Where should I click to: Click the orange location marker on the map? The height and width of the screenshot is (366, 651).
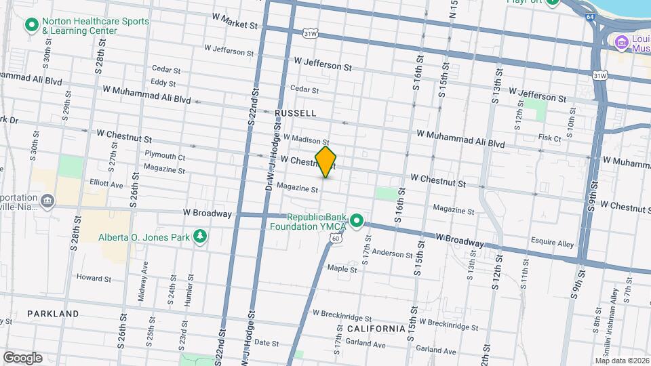click(325, 162)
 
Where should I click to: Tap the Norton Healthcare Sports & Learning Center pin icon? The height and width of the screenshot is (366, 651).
click(31, 26)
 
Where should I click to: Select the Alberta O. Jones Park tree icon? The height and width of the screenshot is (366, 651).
click(200, 236)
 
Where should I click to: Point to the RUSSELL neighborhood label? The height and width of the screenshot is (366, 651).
click(296, 113)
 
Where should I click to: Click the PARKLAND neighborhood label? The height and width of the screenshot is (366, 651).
click(53, 314)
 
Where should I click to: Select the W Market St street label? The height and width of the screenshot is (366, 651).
click(235, 21)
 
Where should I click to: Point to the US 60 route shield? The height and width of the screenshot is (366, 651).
click(337, 238)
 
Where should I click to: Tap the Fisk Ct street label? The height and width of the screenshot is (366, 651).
click(549, 138)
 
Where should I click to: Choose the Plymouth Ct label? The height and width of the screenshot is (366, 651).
click(164, 156)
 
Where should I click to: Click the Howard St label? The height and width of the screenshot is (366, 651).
click(94, 278)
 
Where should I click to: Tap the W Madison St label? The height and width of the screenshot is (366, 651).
click(306, 140)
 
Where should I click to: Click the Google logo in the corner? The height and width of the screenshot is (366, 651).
click(22, 357)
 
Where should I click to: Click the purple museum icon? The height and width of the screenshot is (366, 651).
click(620, 43)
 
